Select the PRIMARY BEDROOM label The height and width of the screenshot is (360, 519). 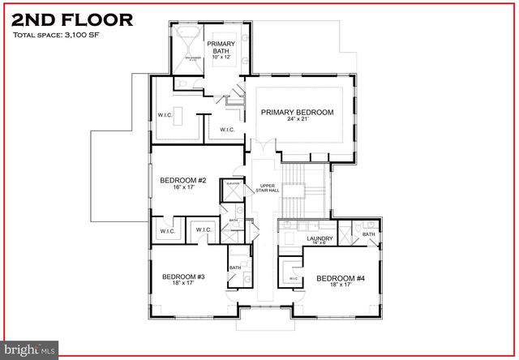click(x=297, y=112)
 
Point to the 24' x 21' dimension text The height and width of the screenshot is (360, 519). click(x=297, y=120)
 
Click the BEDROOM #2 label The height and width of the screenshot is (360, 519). click(x=182, y=179)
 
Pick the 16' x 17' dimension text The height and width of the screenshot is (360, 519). click(x=182, y=187)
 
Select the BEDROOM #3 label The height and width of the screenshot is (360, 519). click(x=182, y=276)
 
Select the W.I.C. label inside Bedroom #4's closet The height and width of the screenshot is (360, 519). click(x=293, y=278)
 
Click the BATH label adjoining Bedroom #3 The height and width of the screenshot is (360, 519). click(x=235, y=268)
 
